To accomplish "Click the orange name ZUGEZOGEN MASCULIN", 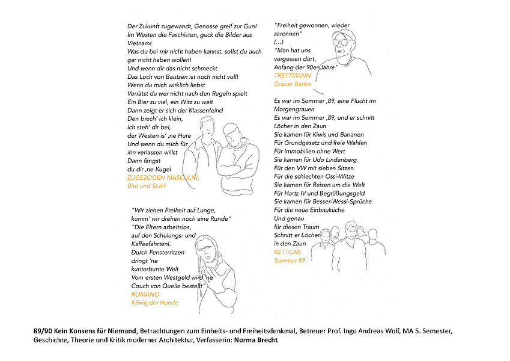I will pos(163,178).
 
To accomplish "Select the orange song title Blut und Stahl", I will pos(147,187).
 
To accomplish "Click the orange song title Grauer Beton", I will pos(293,84).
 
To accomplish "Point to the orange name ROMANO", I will pos(145,294).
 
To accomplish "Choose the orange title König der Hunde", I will pos(154,303).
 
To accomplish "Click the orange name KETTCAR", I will pos(287,252).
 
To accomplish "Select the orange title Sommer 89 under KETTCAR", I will pos(290,261).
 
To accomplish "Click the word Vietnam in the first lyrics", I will pos(139,43).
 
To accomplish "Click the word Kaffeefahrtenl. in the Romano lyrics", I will pos(151,244).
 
